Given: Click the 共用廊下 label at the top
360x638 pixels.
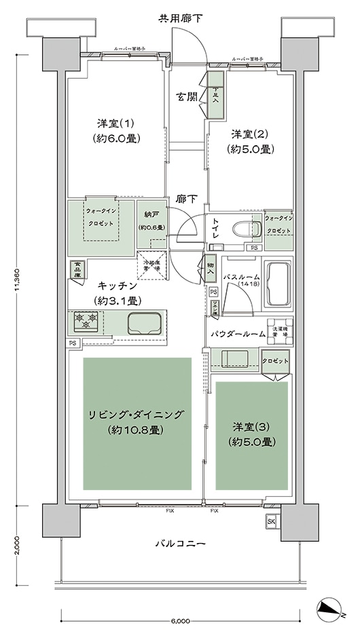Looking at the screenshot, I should (180, 17).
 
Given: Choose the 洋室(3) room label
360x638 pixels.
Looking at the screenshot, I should (252, 434).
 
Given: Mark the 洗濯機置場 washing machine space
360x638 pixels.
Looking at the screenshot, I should (280, 331).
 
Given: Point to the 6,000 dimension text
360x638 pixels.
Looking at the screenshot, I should (180, 621).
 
